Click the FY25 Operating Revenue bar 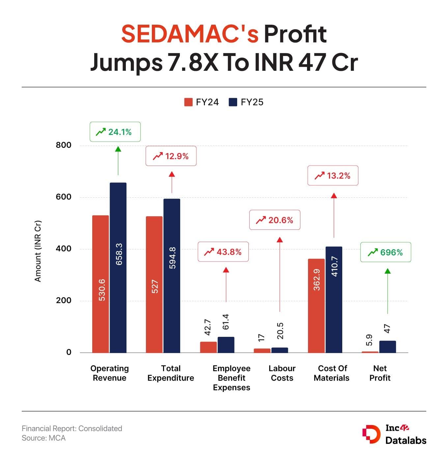(118, 267)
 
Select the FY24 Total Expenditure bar (154, 284)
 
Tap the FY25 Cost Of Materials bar (334, 300)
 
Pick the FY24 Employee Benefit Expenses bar (208, 347)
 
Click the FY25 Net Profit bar (387, 347)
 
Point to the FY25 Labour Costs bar (280, 350)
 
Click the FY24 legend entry (202, 102)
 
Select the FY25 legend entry (246, 102)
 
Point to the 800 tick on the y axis (64, 145)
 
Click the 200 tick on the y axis (64, 301)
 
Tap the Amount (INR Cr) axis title (38, 251)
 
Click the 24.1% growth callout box (115, 132)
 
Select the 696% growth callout (385, 252)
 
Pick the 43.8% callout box (223, 252)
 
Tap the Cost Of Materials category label (332, 373)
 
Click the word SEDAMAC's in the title (190, 34)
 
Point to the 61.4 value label (226, 322)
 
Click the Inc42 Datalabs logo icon (371, 434)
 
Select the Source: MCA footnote (44, 438)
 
